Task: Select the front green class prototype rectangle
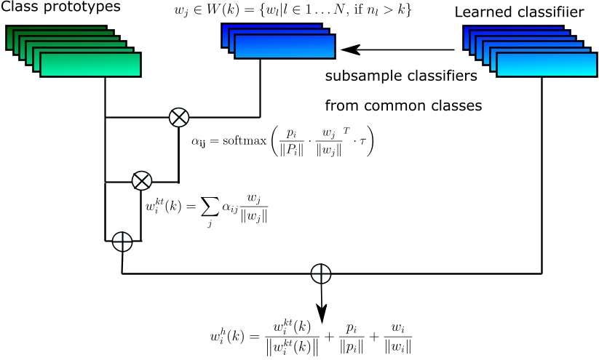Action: pos(90,65)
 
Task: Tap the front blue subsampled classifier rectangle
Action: pos(283,47)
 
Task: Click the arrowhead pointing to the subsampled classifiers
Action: pos(350,49)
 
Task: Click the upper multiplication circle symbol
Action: pos(178,116)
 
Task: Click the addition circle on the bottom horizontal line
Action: pos(320,273)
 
